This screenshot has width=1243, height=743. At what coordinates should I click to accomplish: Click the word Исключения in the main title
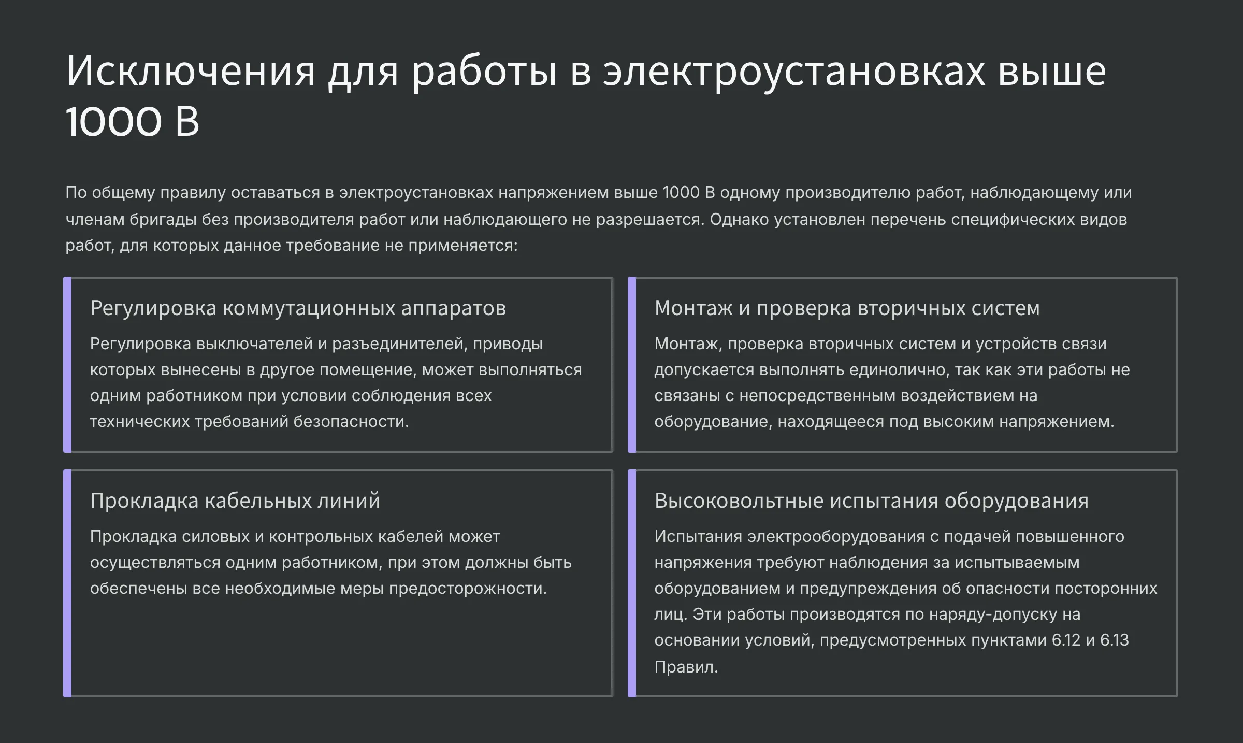click(x=191, y=71)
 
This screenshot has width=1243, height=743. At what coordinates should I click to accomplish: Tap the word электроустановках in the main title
click(x=794, y=71)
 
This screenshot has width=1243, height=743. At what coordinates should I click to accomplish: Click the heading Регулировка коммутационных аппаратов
click(x=298, y=308)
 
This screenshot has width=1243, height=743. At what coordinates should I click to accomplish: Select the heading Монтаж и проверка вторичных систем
click(x=847, y=308)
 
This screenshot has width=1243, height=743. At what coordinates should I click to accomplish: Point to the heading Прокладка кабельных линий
click(x=235, y=501)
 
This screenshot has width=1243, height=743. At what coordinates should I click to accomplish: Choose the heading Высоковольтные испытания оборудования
click(x=871, y=501)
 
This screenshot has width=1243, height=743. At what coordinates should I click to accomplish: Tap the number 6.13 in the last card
click(x=1114, y=640)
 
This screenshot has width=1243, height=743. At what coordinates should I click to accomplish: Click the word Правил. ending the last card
click(x=686, y=667)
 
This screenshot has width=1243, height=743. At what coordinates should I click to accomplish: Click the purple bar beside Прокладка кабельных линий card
click(x=67, y=583)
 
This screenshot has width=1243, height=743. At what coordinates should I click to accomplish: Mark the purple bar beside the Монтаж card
click(x=632, y=365)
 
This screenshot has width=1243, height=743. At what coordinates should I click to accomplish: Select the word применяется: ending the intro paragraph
click(x=463, y=246)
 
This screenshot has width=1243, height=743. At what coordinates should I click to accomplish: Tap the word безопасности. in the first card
click(x=351, y=422)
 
